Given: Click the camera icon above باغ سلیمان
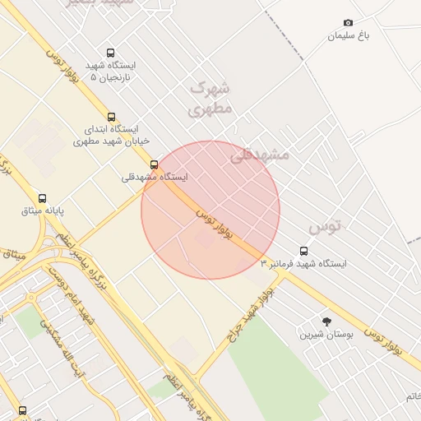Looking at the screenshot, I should [348, 23].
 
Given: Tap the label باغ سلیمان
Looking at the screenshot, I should [349, 36].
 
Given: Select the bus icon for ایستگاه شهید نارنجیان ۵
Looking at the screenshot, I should [111, 53].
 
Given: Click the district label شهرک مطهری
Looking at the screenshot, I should [211, 97].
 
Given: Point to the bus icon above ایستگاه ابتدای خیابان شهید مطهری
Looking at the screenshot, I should [112, 117].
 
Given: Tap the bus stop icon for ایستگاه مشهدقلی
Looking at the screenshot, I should [154, 164].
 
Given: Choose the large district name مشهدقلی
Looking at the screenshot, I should [259, 154].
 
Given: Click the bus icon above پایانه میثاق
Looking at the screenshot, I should [43, 198].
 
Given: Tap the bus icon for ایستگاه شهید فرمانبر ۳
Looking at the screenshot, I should [304, 252].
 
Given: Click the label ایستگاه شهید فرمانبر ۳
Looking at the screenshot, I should [304, 265].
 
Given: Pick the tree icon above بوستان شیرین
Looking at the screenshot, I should [327, 322].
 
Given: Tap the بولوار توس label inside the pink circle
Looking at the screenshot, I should [215, 224].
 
